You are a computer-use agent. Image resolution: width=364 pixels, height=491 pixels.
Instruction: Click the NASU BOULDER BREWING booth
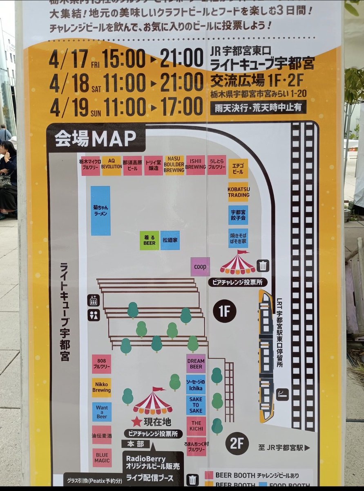click(174, 165)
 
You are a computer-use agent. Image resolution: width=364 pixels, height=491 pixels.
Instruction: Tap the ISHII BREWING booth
click(196, 165)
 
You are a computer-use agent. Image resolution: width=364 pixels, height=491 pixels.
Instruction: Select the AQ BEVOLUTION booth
click(112, 165)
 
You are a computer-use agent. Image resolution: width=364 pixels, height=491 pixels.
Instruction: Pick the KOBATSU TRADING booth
click(238, 192)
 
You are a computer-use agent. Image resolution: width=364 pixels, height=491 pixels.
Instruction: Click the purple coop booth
click(200, 267)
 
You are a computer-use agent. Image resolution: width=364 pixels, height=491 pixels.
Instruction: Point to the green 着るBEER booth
click(149, 241)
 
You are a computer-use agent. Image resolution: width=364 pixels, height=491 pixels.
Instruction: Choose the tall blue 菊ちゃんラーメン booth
click(100, 211)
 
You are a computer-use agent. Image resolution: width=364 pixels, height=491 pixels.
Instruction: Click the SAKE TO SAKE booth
click(196, 405)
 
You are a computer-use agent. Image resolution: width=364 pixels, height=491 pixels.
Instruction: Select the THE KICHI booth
click(196, 426)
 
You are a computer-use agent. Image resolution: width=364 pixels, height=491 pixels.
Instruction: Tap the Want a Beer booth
click(101, 412)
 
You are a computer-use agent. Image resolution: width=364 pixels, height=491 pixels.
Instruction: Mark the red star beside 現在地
click(136, 421)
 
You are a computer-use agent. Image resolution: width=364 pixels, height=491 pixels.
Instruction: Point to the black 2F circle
click(237, 444)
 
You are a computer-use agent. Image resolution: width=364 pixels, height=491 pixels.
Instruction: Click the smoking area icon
click(282, 394)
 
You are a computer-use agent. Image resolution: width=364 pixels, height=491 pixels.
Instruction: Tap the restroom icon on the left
click(94, 315)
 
